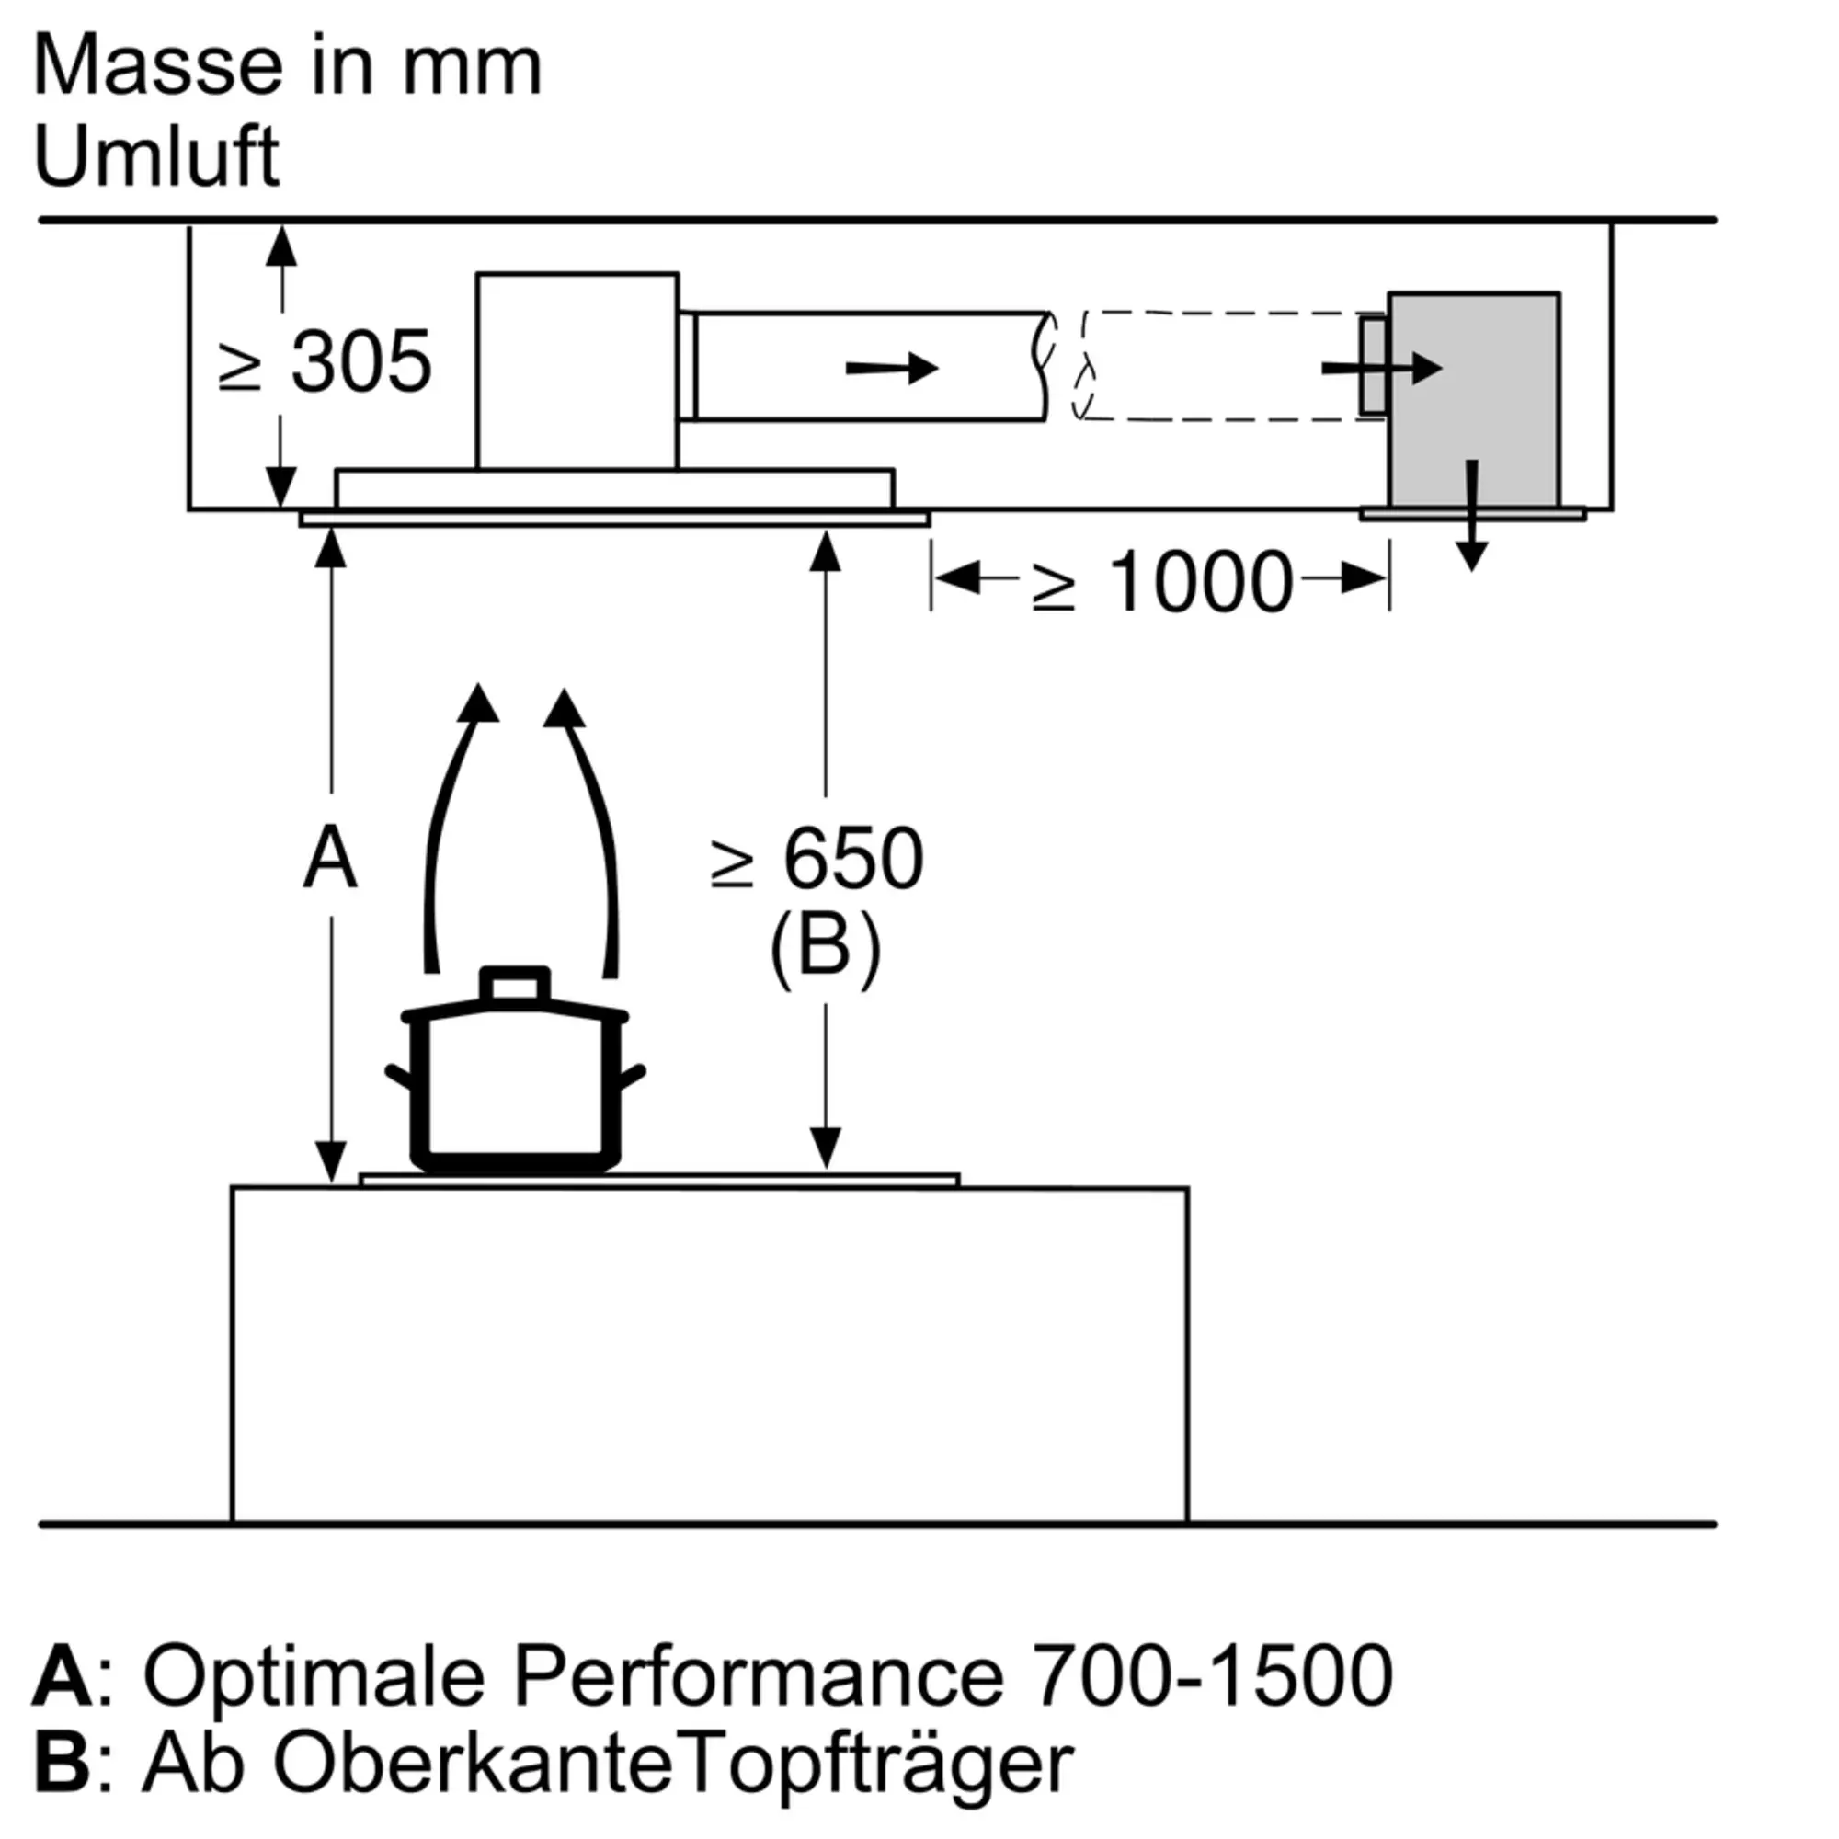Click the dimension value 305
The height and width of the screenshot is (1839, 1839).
click(x=361, y=361)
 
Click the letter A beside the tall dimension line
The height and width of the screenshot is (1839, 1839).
click(x=330, y=859)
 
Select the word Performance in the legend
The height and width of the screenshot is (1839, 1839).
click(x=759, y=1675)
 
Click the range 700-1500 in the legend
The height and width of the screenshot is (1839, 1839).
click(x=1214, y=1675)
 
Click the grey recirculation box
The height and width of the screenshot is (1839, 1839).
click(x=1473, y=400)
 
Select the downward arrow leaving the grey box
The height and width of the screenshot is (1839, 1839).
click(x=1471, y=516)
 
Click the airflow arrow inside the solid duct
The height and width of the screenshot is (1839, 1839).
click(x=892, y=368)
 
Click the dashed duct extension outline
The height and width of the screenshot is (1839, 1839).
click(x=1228, y=366)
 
